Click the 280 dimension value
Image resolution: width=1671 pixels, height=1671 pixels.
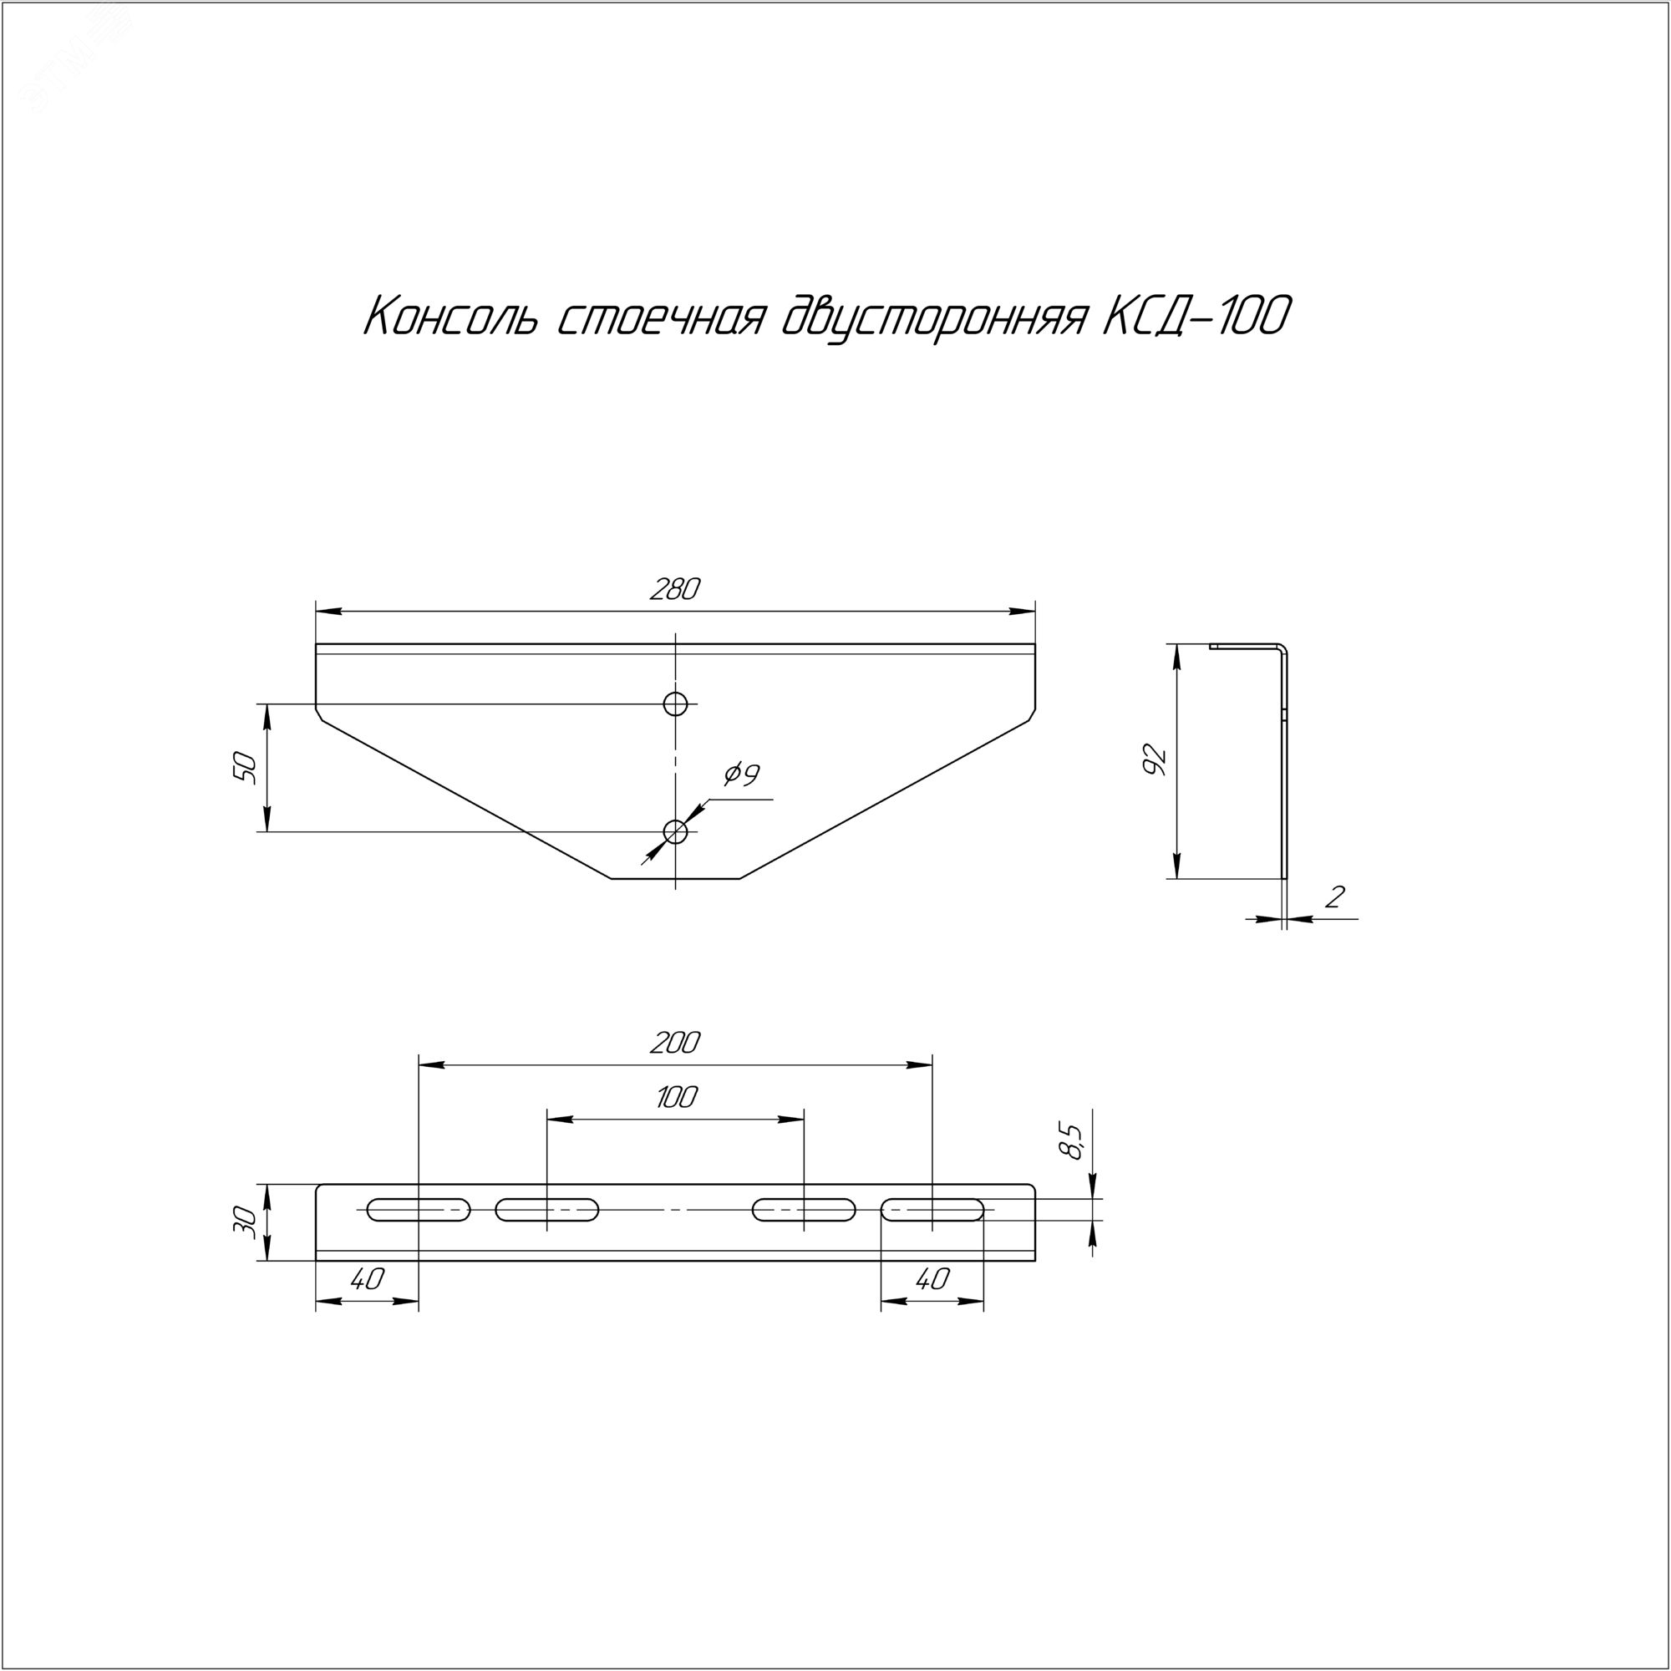click(674, 590)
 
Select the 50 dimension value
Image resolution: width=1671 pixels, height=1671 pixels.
click(246, 768)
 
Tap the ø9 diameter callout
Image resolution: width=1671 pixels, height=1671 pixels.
click(741, 775)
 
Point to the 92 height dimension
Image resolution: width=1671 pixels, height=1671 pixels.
click(1155, 759)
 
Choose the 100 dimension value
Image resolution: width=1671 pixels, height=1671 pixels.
click(675, 1098)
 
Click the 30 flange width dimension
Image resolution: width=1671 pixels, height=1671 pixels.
click(246, 1223)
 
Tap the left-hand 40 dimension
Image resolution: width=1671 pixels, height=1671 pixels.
click(368, 1278)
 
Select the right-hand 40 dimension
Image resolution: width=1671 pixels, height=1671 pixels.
click(932, 1278)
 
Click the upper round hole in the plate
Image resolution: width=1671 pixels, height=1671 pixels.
click(675, 704)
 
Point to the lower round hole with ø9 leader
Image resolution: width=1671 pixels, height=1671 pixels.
click(675, 832)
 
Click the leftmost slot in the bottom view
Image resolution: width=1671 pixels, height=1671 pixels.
click(419, 1210)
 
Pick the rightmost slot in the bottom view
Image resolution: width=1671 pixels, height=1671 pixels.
click(932, 1210)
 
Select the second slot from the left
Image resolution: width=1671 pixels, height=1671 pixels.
click(546, 1210)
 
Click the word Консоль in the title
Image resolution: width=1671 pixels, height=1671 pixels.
click(449, 317)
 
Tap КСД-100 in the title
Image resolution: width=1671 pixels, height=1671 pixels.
click(1196, 317)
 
